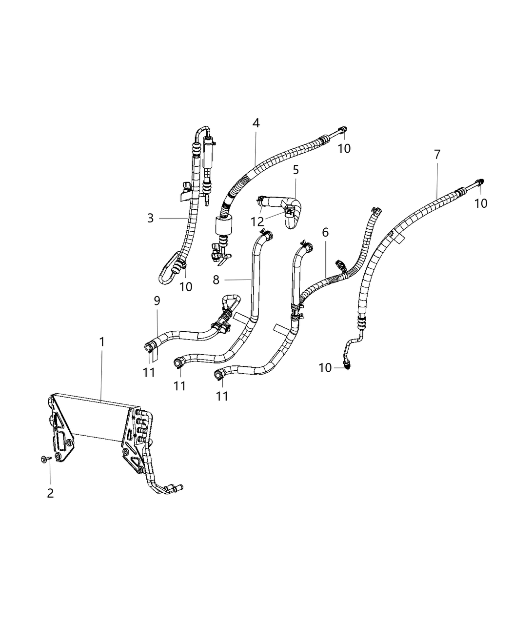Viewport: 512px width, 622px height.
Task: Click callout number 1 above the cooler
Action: pyautogui.click(x=102, y=342)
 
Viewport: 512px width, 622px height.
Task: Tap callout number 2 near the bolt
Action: pyautogui.click(x=50, y=493)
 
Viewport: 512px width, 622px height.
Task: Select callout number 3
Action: pyautogui.click(x=150, y=218)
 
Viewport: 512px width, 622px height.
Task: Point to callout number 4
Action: pyautogui.click(x=256, y=123)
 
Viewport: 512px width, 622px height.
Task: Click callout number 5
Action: pyautogui.click(x=295, y=170)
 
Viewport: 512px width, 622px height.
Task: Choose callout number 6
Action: pyautogui.click(x=325, y=232)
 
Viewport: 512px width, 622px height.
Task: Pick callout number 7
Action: pyautogui.click(x=437, y=155)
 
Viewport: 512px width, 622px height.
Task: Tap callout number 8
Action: pyautogui.click(x=217, y=280)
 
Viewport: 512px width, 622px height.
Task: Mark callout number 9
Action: pyautogui.click(x=157, y=301)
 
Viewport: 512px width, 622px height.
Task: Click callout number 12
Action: pyautogui.click(x=257, y=221)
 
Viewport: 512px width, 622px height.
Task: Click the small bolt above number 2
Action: pyautogui.click(x=44, y=459)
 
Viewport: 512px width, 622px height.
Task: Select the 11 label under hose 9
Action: pyautogui.click(x=149, y=373)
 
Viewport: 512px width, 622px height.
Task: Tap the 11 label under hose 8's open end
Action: pyautogui.click(x=179, y=386)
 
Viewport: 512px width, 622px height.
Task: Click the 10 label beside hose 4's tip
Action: pyautogui.click(x=344, y=148)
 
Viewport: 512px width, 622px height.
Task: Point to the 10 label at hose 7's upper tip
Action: pyautogui.click(x=481, y=203)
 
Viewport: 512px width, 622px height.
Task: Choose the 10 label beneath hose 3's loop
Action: pyautogui.click(x=186, y=287)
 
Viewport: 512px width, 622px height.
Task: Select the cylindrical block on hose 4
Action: pyautogui.click(x=224, y=226)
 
